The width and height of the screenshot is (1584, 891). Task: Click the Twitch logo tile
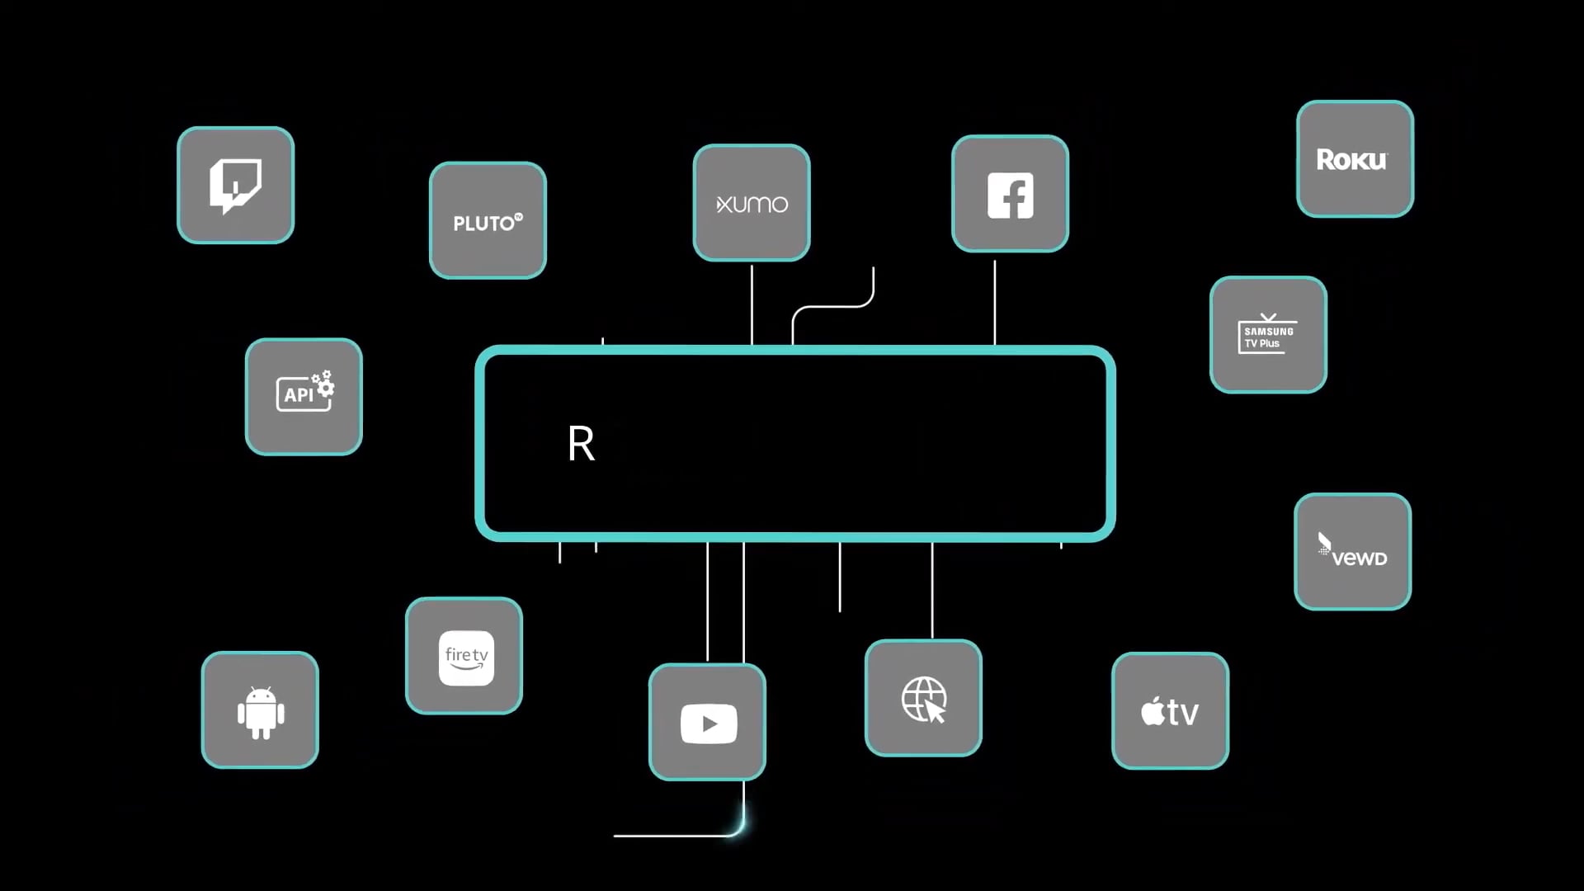pyautogui.click(x=236, y=185)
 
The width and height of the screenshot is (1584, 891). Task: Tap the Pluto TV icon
pyautogui.click(x=488, y=220)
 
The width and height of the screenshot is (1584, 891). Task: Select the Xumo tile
pyautogui.click(x=752, y=203)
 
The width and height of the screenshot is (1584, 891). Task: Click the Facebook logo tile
pyautogui.click(x=1010, y=194)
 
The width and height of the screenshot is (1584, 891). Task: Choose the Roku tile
pyautogui.click(x=1355, y=159)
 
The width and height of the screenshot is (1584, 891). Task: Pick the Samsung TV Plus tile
pyautogui.click(x=1268, y=335)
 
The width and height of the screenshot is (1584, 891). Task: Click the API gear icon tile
pyautogui.click(x=304, y=396)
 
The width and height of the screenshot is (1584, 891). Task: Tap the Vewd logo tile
pyautogui.click(x=1352, y=551)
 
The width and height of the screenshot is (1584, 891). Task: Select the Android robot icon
pyautogui.click(x=260, y=710)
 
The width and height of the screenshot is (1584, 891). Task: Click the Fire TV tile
pyautogui.click(x=464, y=656)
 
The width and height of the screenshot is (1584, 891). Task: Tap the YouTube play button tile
pyautogui.click(x=708, y=723)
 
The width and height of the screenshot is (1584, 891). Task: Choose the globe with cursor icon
pyautogui.click(x=923, y=698)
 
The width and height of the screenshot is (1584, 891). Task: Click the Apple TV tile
pyautogui.click(x=1170, y=711)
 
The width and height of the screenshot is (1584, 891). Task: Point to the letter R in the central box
pyautogui.click(x=581, y=444)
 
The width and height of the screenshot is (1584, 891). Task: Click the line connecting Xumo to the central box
pyautogui.click(x=752, y=304)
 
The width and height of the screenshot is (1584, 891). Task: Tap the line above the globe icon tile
pyautogui.click(x=932, y=590)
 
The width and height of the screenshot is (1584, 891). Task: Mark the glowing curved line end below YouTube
pyautogui.click(x=740, y=825)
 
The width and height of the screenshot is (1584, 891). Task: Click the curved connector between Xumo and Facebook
pyautogui.click(x=833, y=306)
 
